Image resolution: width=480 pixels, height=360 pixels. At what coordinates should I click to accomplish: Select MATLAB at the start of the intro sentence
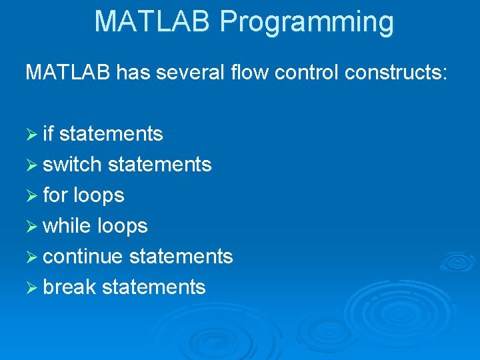(68, 72)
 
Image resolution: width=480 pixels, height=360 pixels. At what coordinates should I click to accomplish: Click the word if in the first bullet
(48, 133)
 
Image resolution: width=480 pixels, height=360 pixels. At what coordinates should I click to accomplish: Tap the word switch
(72, 164)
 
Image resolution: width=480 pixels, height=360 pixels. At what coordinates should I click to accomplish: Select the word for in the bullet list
(55, 195)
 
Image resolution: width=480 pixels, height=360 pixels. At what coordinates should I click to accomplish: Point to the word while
(67, 225)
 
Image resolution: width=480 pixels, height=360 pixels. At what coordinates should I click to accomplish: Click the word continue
(83, 256)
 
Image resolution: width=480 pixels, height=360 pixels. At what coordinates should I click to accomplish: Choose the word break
(69, 287)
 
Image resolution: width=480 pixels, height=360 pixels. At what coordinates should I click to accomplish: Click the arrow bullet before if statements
(31, 134)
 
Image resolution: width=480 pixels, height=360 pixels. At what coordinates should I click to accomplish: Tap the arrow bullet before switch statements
(31, 165)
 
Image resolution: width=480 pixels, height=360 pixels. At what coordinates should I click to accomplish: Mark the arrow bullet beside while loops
(31, 226)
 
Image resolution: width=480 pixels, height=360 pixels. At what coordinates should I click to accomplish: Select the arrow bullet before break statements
(31, 287)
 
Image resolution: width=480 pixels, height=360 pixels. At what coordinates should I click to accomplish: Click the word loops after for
(99, 195)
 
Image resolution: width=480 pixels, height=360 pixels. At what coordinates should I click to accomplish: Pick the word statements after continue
(181, 256)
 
